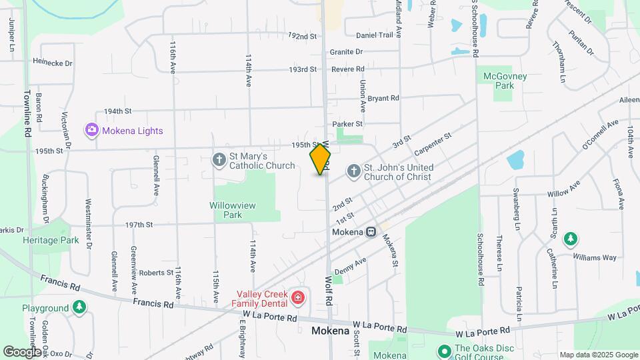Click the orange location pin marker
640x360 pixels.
[x=321, y=159]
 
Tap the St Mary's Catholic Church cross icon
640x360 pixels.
[x=219, y=159]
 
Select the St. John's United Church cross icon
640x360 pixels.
[x=353, y=171]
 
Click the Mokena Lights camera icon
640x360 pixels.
[x=91, y=130]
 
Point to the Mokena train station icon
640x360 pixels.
[x=371, y=232]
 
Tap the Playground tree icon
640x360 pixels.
[x=79, y=307]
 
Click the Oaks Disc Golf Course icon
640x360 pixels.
[x=445, y=350]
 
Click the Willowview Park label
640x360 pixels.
[x=232, y=210]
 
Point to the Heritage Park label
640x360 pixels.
[x=51, y=240]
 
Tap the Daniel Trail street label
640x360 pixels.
[x=375, y=35]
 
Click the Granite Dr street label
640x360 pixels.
[x=346, y=51]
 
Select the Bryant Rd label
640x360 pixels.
[x=383, y=98]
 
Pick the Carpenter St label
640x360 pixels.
[x=433, y=143]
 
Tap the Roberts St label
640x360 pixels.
[x=156, y=273]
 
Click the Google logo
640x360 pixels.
[x=23, y=351]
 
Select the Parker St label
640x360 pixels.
[x=347, y=123]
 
